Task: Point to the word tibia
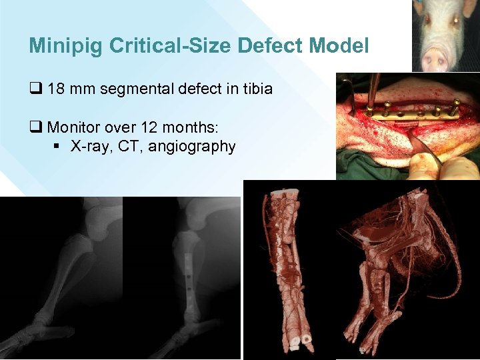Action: (254, 88)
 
